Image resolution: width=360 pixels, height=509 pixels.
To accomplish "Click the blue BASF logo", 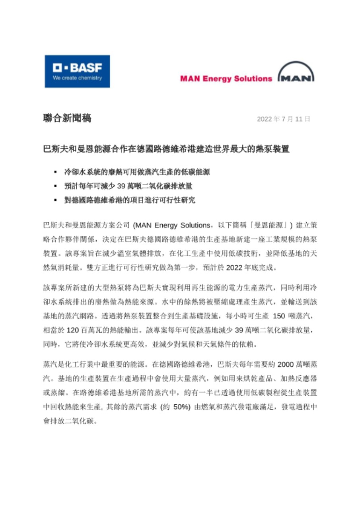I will [x=77, y=71].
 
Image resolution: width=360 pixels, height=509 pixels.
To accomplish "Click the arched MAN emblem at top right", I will [x=296, y=74].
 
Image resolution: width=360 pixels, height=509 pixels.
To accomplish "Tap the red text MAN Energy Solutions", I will [x=226, y=78].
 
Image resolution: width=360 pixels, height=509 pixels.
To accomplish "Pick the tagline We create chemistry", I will [x=77, y=78].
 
